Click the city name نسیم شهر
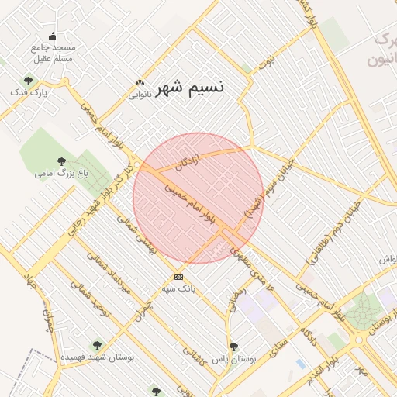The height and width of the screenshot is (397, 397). pyautogui.click(x=190, y=88)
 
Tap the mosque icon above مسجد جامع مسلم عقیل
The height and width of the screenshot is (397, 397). pyautogui.click(x=53, y=36)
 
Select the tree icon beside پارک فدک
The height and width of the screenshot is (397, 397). pyautogui.click(x=28, y=81)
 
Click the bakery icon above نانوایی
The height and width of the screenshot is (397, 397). pyautogui.click(x=140, y=82)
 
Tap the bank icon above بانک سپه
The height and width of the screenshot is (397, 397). pyautogui.click(x=179, y=277)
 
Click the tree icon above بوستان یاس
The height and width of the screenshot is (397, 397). pyautogui.click(x=233, y=347)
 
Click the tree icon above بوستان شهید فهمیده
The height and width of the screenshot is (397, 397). pyautogui.click(x=97, y=345)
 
